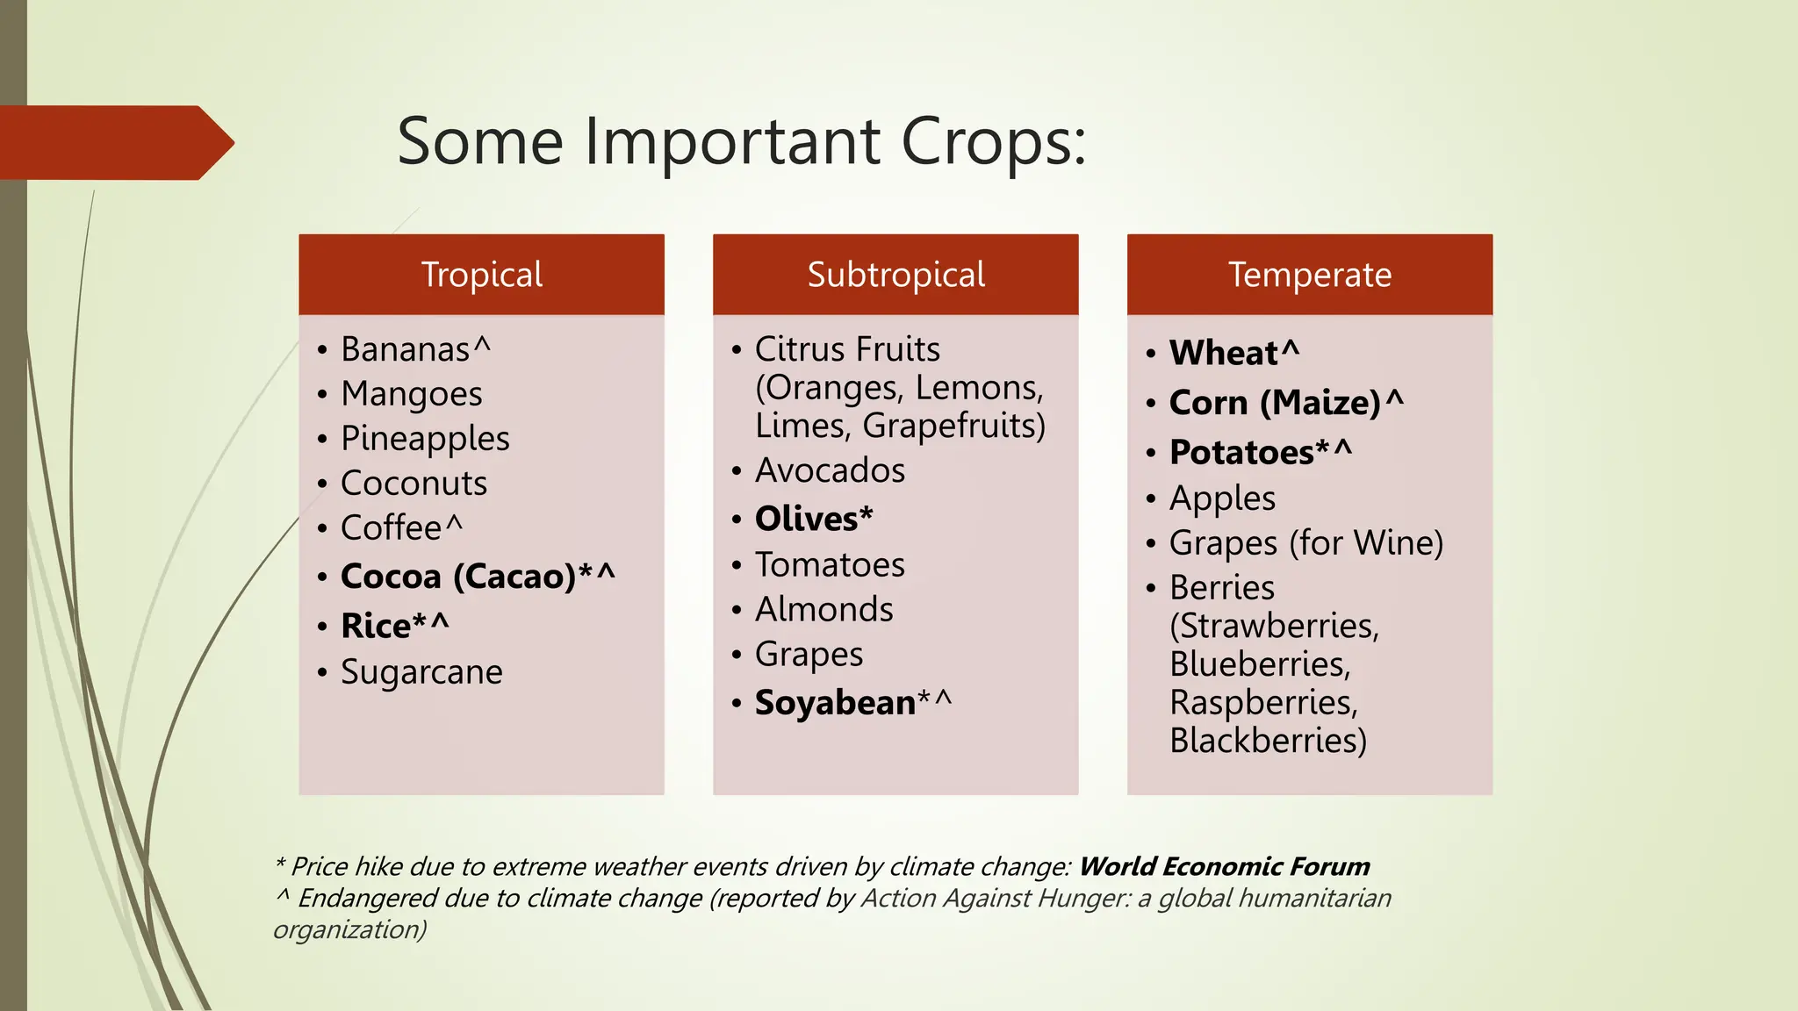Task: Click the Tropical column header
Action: pyautogui.click(x=481, y=275)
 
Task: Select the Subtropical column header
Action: pyautogui.click(x=895, y=275)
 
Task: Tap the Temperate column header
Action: pyautogui.click(x=1309, y=275)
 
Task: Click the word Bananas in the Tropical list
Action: pyautogui.click(x=406, y=349)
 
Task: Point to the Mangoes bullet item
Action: pyautogui.click(x=412, y=394)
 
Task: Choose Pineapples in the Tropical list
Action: pyautogui.click(x=425, y=439)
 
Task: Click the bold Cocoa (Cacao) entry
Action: pyautogui.click(x=458, y=577)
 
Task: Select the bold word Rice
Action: pyautogui.click(x=376, y=627)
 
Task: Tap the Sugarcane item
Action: pyautogui.click(x=421, y=672)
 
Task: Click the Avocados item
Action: pyautogui.click(x=830, y=470)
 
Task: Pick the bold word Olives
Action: pyautogui.click(x=807, y=519)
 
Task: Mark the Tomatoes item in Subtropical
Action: pyautogui.click(x=830, y=565)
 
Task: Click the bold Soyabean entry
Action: pyautogui.click(x=835, y=703)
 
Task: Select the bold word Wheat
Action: pyautogui.click(x=1224, y=353)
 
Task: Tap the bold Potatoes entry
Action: pyautogui.click(x=1241, y=453)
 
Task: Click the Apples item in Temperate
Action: pyautogui.click(x=1222, y=498)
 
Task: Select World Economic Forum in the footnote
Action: pyautogui.click(x=1224, y=867)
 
